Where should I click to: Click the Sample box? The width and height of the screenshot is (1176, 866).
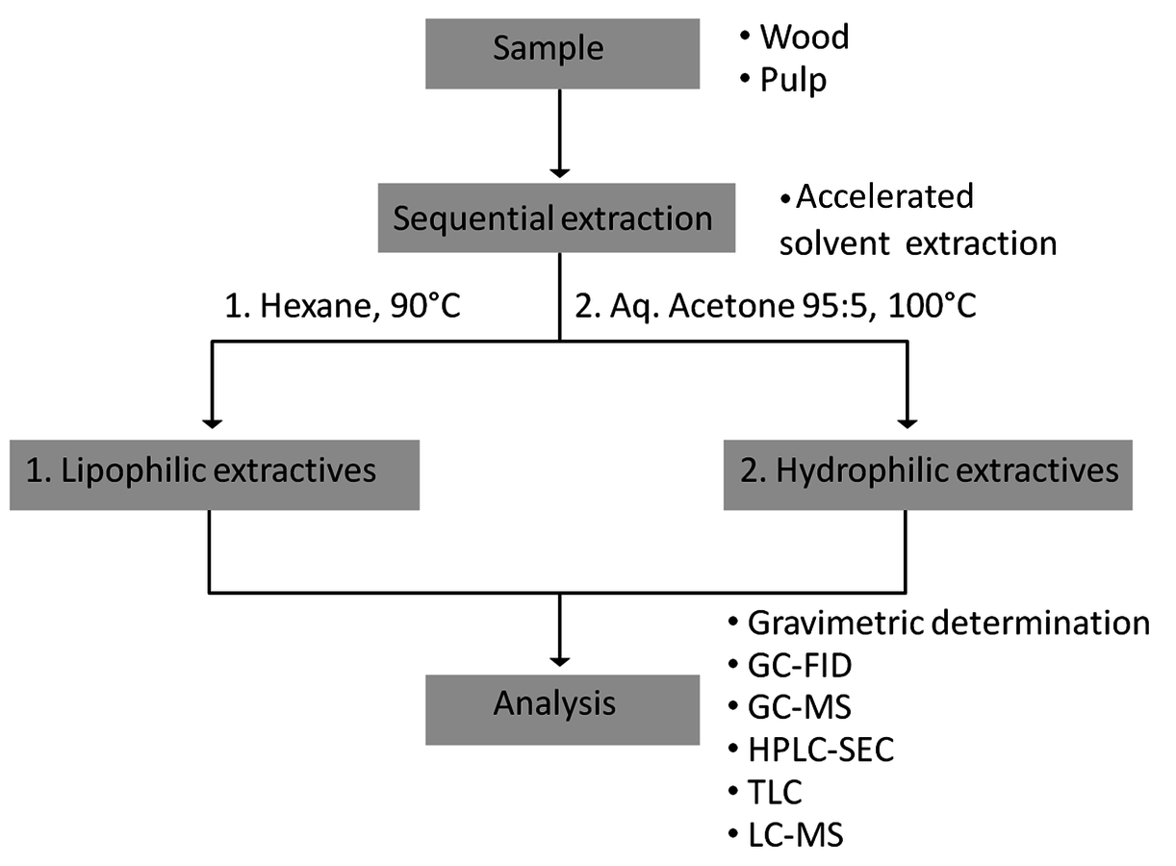(562, 54)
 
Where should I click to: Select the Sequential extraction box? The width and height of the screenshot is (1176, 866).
(556, 217)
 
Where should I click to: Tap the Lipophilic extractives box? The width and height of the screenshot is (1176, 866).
(215, 475)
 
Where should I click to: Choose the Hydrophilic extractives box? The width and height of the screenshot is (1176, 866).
(928, 475)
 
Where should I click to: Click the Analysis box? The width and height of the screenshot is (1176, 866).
(562, 709)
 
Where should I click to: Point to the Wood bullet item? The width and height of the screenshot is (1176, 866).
(794, 37)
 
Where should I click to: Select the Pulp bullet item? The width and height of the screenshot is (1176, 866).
(783, 81)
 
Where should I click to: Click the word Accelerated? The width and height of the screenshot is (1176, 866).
(884, 197)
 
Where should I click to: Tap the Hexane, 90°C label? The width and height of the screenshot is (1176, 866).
(343, 306)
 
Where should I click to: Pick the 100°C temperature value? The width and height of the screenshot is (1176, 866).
(932, 305)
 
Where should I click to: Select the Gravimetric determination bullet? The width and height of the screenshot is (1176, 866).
(939, 624)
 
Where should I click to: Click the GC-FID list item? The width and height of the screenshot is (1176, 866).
(790, 666)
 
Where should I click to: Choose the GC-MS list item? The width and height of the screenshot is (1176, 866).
(789, 706)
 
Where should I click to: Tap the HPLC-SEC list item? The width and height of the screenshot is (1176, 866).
(811, 749)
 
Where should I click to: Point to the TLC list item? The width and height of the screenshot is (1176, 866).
(765, 792)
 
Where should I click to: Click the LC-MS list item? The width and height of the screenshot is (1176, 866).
(785, 834)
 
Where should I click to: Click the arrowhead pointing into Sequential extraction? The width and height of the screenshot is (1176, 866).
(560, 172)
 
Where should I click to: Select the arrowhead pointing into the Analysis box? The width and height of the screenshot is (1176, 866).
(560, 662)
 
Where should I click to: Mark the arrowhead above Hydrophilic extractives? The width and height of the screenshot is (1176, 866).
(908, 423)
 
